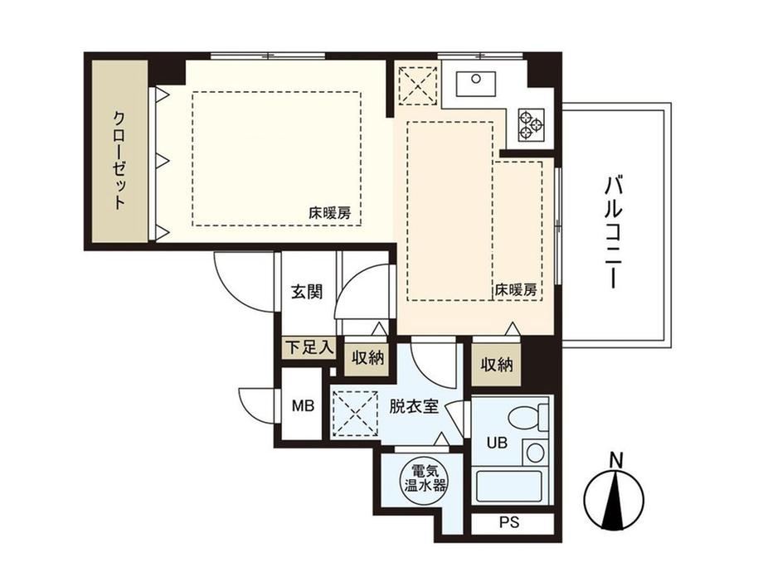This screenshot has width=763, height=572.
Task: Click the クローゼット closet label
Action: (119, 161)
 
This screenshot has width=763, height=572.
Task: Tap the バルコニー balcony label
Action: (614, 232)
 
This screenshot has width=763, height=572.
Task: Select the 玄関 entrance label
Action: (307, 292)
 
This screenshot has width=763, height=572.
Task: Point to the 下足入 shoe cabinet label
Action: (309, 347)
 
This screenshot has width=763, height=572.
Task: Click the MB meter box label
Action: (303, 405)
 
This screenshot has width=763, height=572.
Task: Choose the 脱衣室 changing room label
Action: (414, 406)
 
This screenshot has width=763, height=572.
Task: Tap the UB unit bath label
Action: (498, 443)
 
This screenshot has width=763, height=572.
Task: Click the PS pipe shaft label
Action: (509, 522)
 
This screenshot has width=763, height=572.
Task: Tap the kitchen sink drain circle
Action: (476, 79)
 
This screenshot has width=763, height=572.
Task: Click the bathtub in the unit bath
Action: (509, 487)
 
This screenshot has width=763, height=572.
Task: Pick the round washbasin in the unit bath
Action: (535, 453)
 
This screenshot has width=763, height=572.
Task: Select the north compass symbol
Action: (614, 499)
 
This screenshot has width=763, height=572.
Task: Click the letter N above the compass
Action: (616, 459)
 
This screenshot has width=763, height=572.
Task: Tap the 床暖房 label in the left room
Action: (329, 213)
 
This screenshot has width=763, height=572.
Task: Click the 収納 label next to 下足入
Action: (368, 358)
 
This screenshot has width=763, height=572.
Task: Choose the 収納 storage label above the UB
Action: (497, 364)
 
